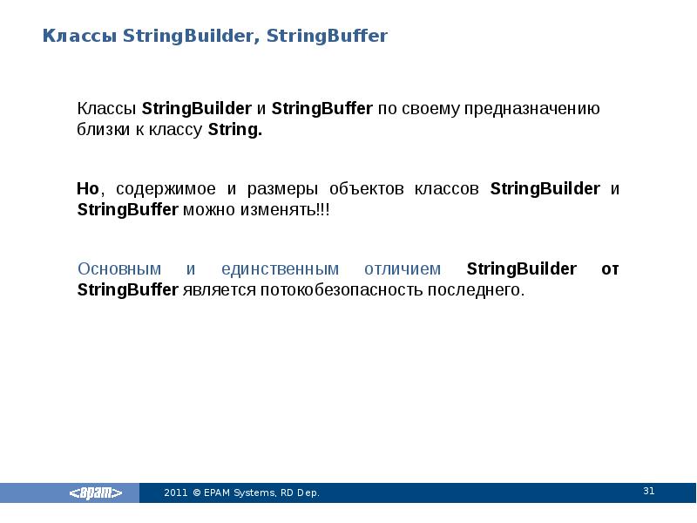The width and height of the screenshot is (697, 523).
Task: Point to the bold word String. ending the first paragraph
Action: tap(234, 130)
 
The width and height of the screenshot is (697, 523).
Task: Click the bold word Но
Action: tap(89, 189)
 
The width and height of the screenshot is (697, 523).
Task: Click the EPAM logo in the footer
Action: tap(96, 493)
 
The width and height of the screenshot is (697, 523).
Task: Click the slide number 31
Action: tap(648, 491)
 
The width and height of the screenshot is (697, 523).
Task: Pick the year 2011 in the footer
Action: tap(175, 493)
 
